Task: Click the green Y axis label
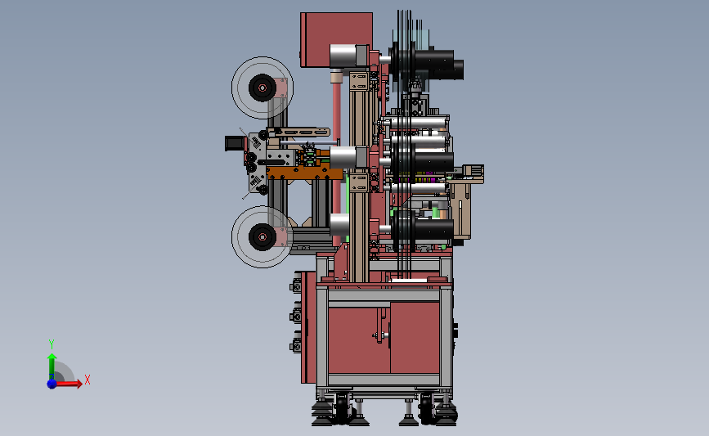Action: pos(52,344)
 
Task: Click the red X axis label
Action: pos(88,380)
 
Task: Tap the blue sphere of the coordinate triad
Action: pos(52,384)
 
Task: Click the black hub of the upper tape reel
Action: pos(263,88)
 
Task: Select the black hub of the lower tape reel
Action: pos(263,236)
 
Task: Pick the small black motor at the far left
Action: pos(232,143)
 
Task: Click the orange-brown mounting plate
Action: pos(304,173)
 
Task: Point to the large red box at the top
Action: pos(336,40)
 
